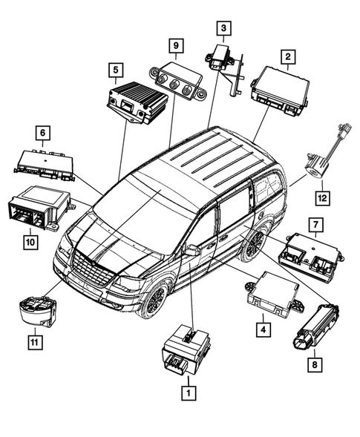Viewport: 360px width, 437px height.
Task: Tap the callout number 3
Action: (x=221, y=28)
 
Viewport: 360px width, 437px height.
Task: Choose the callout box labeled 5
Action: (x=115, y=70)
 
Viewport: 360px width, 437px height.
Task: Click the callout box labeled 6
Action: (x=44, y=133)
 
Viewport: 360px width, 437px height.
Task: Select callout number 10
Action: (x=29, y=240)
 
